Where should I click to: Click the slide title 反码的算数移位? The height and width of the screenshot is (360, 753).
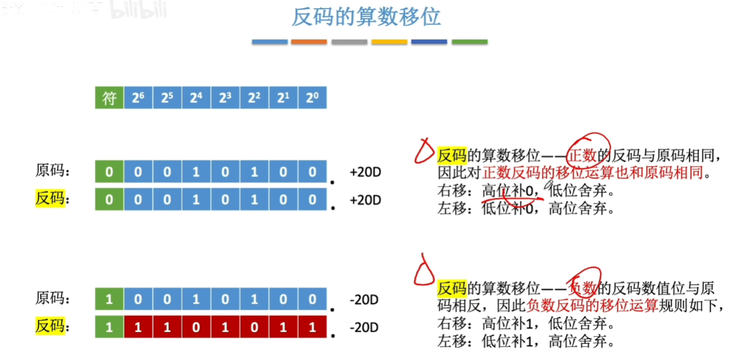click(x=366, y=18)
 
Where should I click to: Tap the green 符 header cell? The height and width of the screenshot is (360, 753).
click(x=110, y=98)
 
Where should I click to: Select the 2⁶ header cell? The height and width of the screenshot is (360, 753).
click(x=138, y=98)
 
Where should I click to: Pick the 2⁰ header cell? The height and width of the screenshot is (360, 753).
click(x=312, y=98)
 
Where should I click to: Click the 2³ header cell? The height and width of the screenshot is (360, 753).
click(x=225, y=98)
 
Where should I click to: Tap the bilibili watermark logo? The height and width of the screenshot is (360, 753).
click(x=138, y=10)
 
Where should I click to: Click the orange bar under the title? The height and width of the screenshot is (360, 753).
click(x=309, y=42)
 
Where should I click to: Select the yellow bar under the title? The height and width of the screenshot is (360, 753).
click(x=389, y=42)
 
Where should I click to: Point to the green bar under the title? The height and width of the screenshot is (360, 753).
click(x=469, y=42)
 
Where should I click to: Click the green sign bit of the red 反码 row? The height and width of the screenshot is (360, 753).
click(x=110, y=327)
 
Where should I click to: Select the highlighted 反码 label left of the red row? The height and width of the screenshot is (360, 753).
click(x=50, y=327)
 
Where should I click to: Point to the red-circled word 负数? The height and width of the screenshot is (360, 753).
click(x=582, y=289)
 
